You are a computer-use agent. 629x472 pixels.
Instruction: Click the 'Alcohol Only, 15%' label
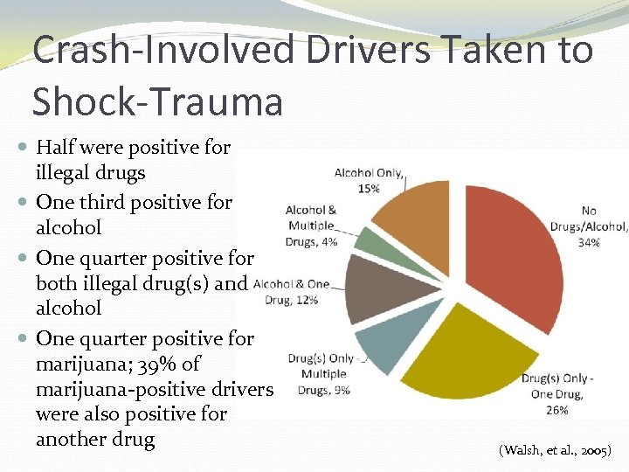click(369, 180)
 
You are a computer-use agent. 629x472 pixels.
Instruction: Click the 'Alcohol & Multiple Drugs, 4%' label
click(311, 226)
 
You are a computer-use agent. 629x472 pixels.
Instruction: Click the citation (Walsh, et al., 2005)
click(556, 451)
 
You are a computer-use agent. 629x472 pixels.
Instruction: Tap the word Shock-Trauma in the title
click(157, 101)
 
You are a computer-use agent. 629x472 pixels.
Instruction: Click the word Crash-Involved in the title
click(142, 51)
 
